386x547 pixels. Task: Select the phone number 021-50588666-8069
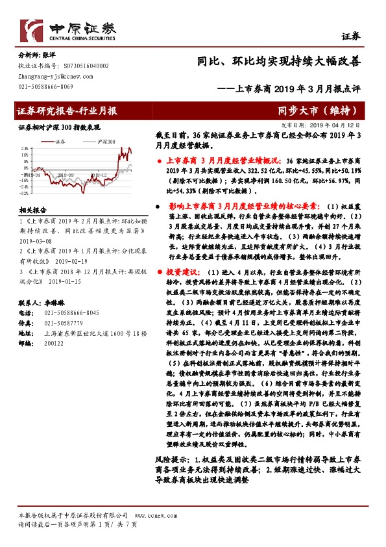coord(45,86)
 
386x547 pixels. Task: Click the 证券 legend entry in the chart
coord(60,141)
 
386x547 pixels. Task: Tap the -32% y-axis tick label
coord(24,194)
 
